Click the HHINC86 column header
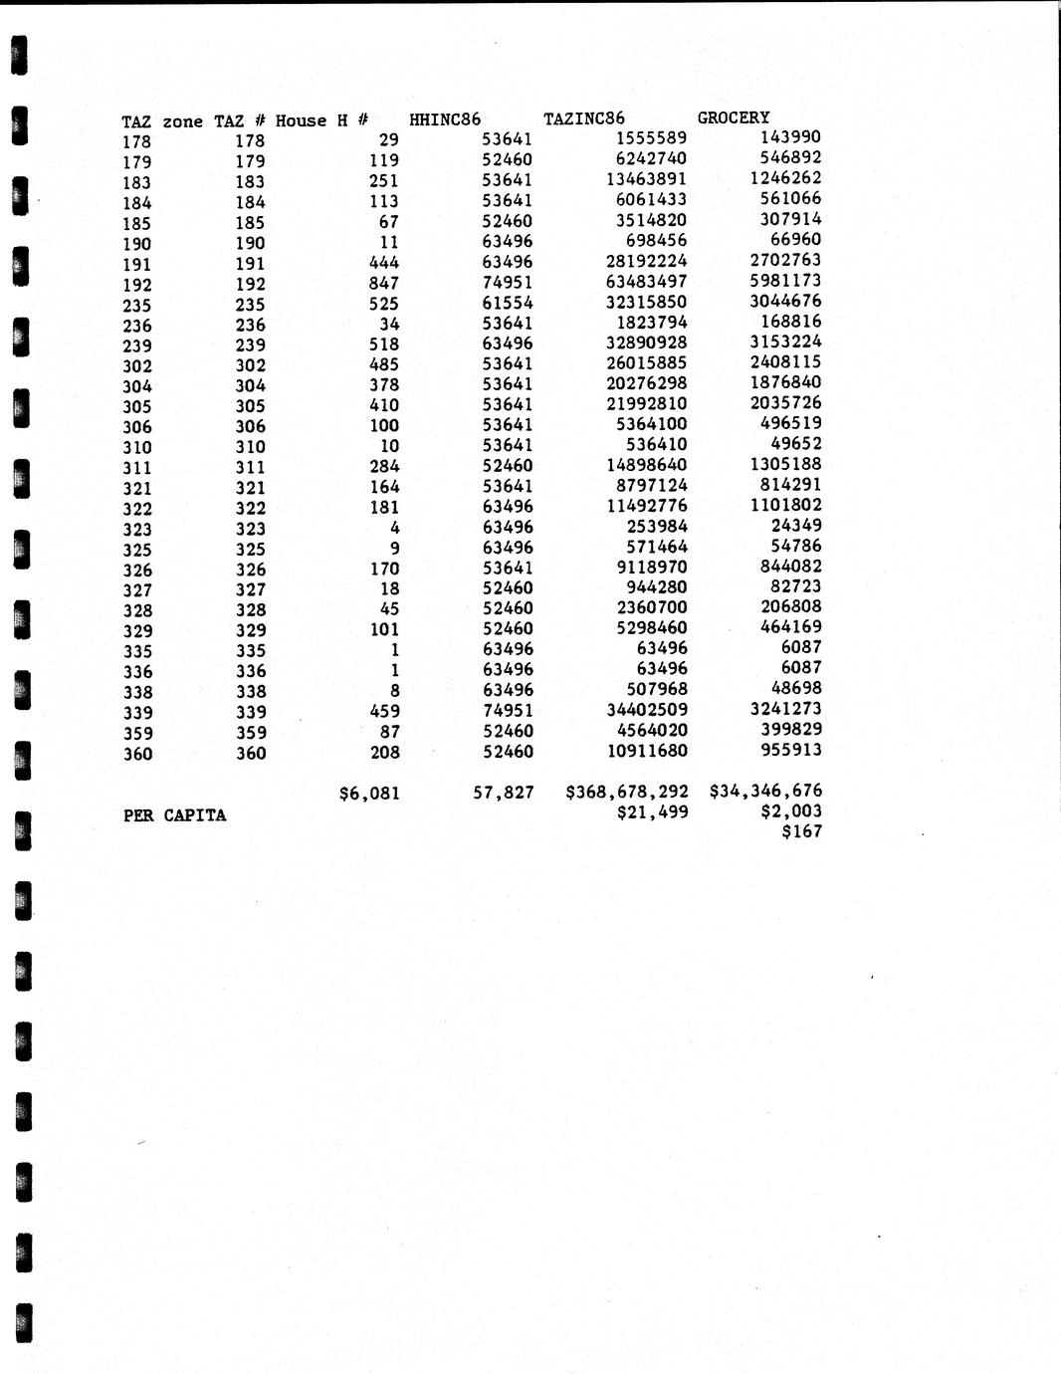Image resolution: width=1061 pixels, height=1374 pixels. (x=445, y=119)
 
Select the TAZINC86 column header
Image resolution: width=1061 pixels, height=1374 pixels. (x=584, y=118)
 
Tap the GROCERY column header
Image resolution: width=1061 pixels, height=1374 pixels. (x=734, y=117)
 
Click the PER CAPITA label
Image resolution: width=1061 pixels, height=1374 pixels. (x=175, y=815)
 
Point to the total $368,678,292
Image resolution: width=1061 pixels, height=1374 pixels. (x=627, y=792)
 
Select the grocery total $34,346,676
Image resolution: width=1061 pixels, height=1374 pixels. (x=765, y=791)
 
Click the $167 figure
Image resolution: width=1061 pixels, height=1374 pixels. (x=802, y=831)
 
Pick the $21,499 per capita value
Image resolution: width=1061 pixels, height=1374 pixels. (x=653, y=811)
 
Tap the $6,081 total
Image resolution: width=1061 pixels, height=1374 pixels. (x=369, y=794)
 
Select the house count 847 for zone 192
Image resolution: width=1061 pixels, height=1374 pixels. (x=383, y=283)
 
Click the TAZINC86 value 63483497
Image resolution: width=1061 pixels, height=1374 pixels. (x=646, y=282)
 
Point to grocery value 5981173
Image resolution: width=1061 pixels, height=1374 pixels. (x=785, y=281)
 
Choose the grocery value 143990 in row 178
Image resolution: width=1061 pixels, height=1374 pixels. (x=790, y=137)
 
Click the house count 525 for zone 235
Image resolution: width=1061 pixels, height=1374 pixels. (x=383, y=304)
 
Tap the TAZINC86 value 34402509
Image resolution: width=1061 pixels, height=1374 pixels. (x=646, y=710)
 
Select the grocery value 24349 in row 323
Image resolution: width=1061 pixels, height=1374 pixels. (x=796, y=525)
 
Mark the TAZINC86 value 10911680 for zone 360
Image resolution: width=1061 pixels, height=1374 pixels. (x=646, y=751)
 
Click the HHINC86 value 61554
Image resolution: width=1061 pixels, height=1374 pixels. (x=508, y=303)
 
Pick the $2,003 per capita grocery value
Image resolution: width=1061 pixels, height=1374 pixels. (x=791, y=810)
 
